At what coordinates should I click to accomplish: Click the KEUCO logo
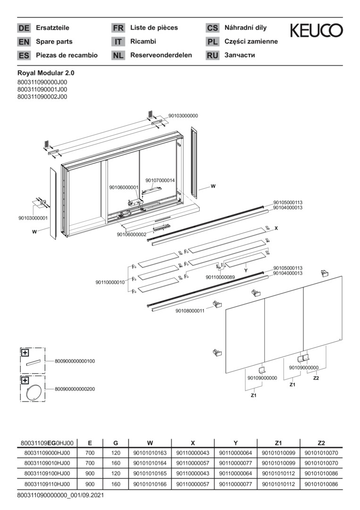tap(316, 30)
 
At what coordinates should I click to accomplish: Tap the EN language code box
tap(24, 42)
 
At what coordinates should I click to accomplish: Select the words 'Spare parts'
tap(54, 42)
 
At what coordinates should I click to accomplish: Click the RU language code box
tap(212, 55)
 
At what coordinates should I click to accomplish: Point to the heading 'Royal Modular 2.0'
tap(46, 74)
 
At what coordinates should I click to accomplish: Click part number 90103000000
tap(183, 116)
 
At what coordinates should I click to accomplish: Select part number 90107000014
tap(160, 180)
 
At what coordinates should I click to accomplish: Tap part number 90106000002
tap(132, 234)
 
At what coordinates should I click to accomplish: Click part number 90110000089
tap(220, 277)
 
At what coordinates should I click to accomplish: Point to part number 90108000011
tap(190, 311)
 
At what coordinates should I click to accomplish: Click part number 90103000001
tap(33, 218)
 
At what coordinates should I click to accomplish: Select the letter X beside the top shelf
tap(276, 229)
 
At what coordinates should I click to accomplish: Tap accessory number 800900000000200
tap(75, 389)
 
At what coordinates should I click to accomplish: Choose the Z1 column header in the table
tap(278, 442)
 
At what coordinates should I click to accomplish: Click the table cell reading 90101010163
tap(150, 453)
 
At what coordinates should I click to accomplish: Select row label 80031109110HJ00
tap(47, 484)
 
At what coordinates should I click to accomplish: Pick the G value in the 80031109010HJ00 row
tap(116, 463)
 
